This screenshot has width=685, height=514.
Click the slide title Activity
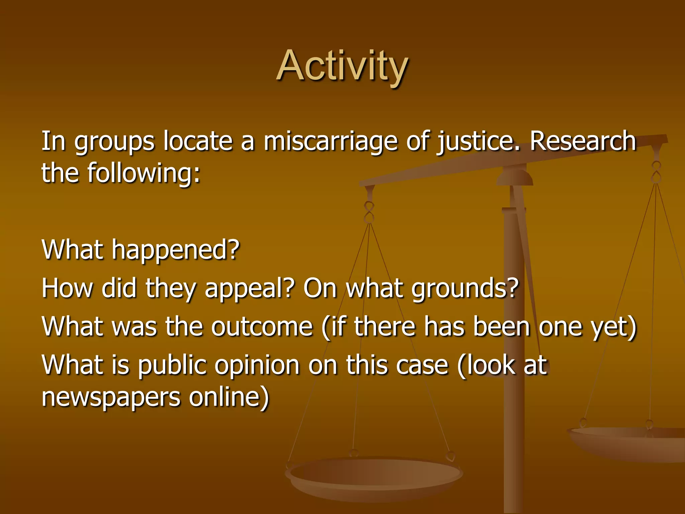(x=342, y=66)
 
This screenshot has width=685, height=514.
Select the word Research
(x=583, y=141)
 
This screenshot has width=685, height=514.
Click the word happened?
(x=176, y=250)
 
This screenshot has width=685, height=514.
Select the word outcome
(x=262, y=327)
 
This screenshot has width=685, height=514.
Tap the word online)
(x=229, y=397)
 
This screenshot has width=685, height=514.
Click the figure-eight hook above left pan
(x=369, y=212)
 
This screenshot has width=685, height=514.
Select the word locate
(x=198, y=141)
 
